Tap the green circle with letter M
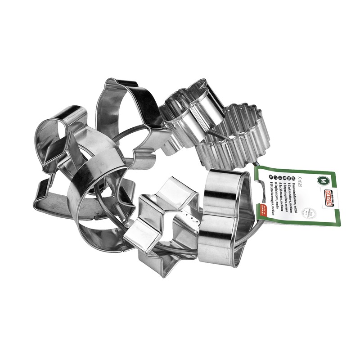coord(321,180)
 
